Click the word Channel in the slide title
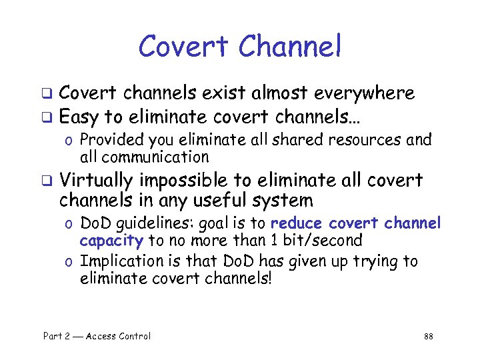[289, 47]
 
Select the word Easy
[79, 118]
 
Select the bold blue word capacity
[111, 240]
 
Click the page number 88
[429, 336]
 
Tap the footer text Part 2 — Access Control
[97, 336]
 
